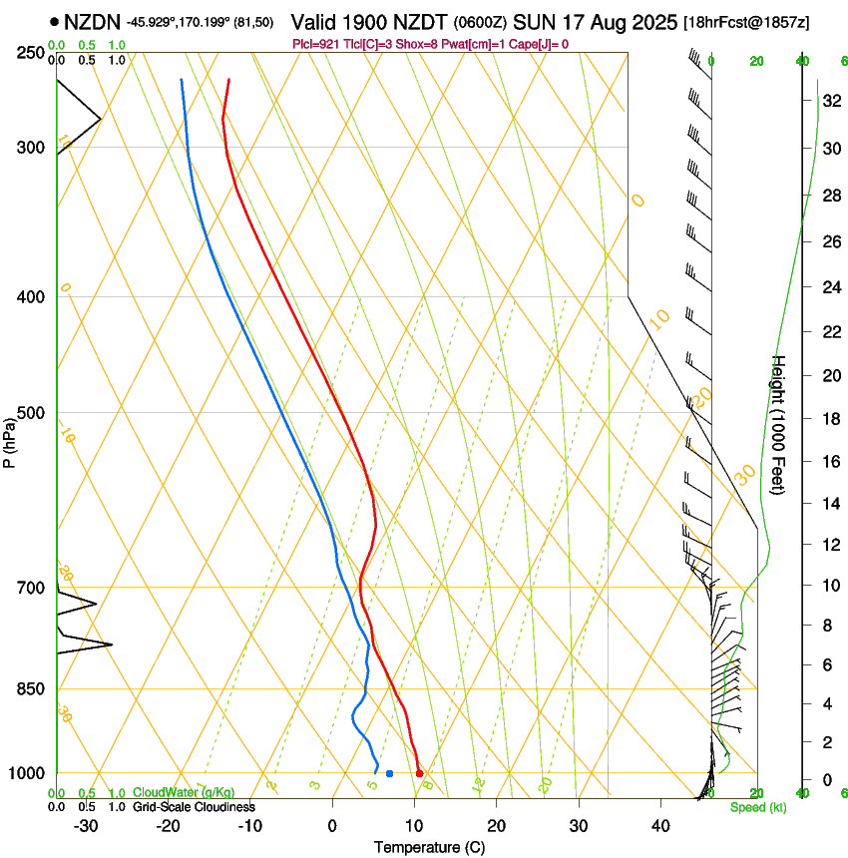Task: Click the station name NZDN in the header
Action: [x=93, y=21]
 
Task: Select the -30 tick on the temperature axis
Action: [x=87, y=826]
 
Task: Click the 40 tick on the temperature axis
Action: [x=659, y=826]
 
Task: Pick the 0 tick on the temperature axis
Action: [x=332, y=826]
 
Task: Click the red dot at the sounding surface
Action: [x=419, y=773]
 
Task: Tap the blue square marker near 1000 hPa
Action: [x=389, y=773]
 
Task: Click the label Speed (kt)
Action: [x=757, y=807]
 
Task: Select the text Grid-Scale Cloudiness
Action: [x=194, y=807]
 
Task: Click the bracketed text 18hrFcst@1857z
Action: [x=747, y=22]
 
